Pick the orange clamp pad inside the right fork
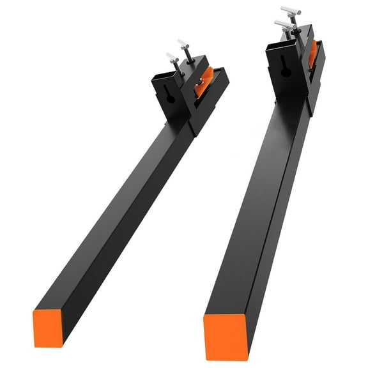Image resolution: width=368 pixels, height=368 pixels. click(x=312, y=54)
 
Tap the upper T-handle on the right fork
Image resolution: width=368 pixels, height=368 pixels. click(x=291, y=11)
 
